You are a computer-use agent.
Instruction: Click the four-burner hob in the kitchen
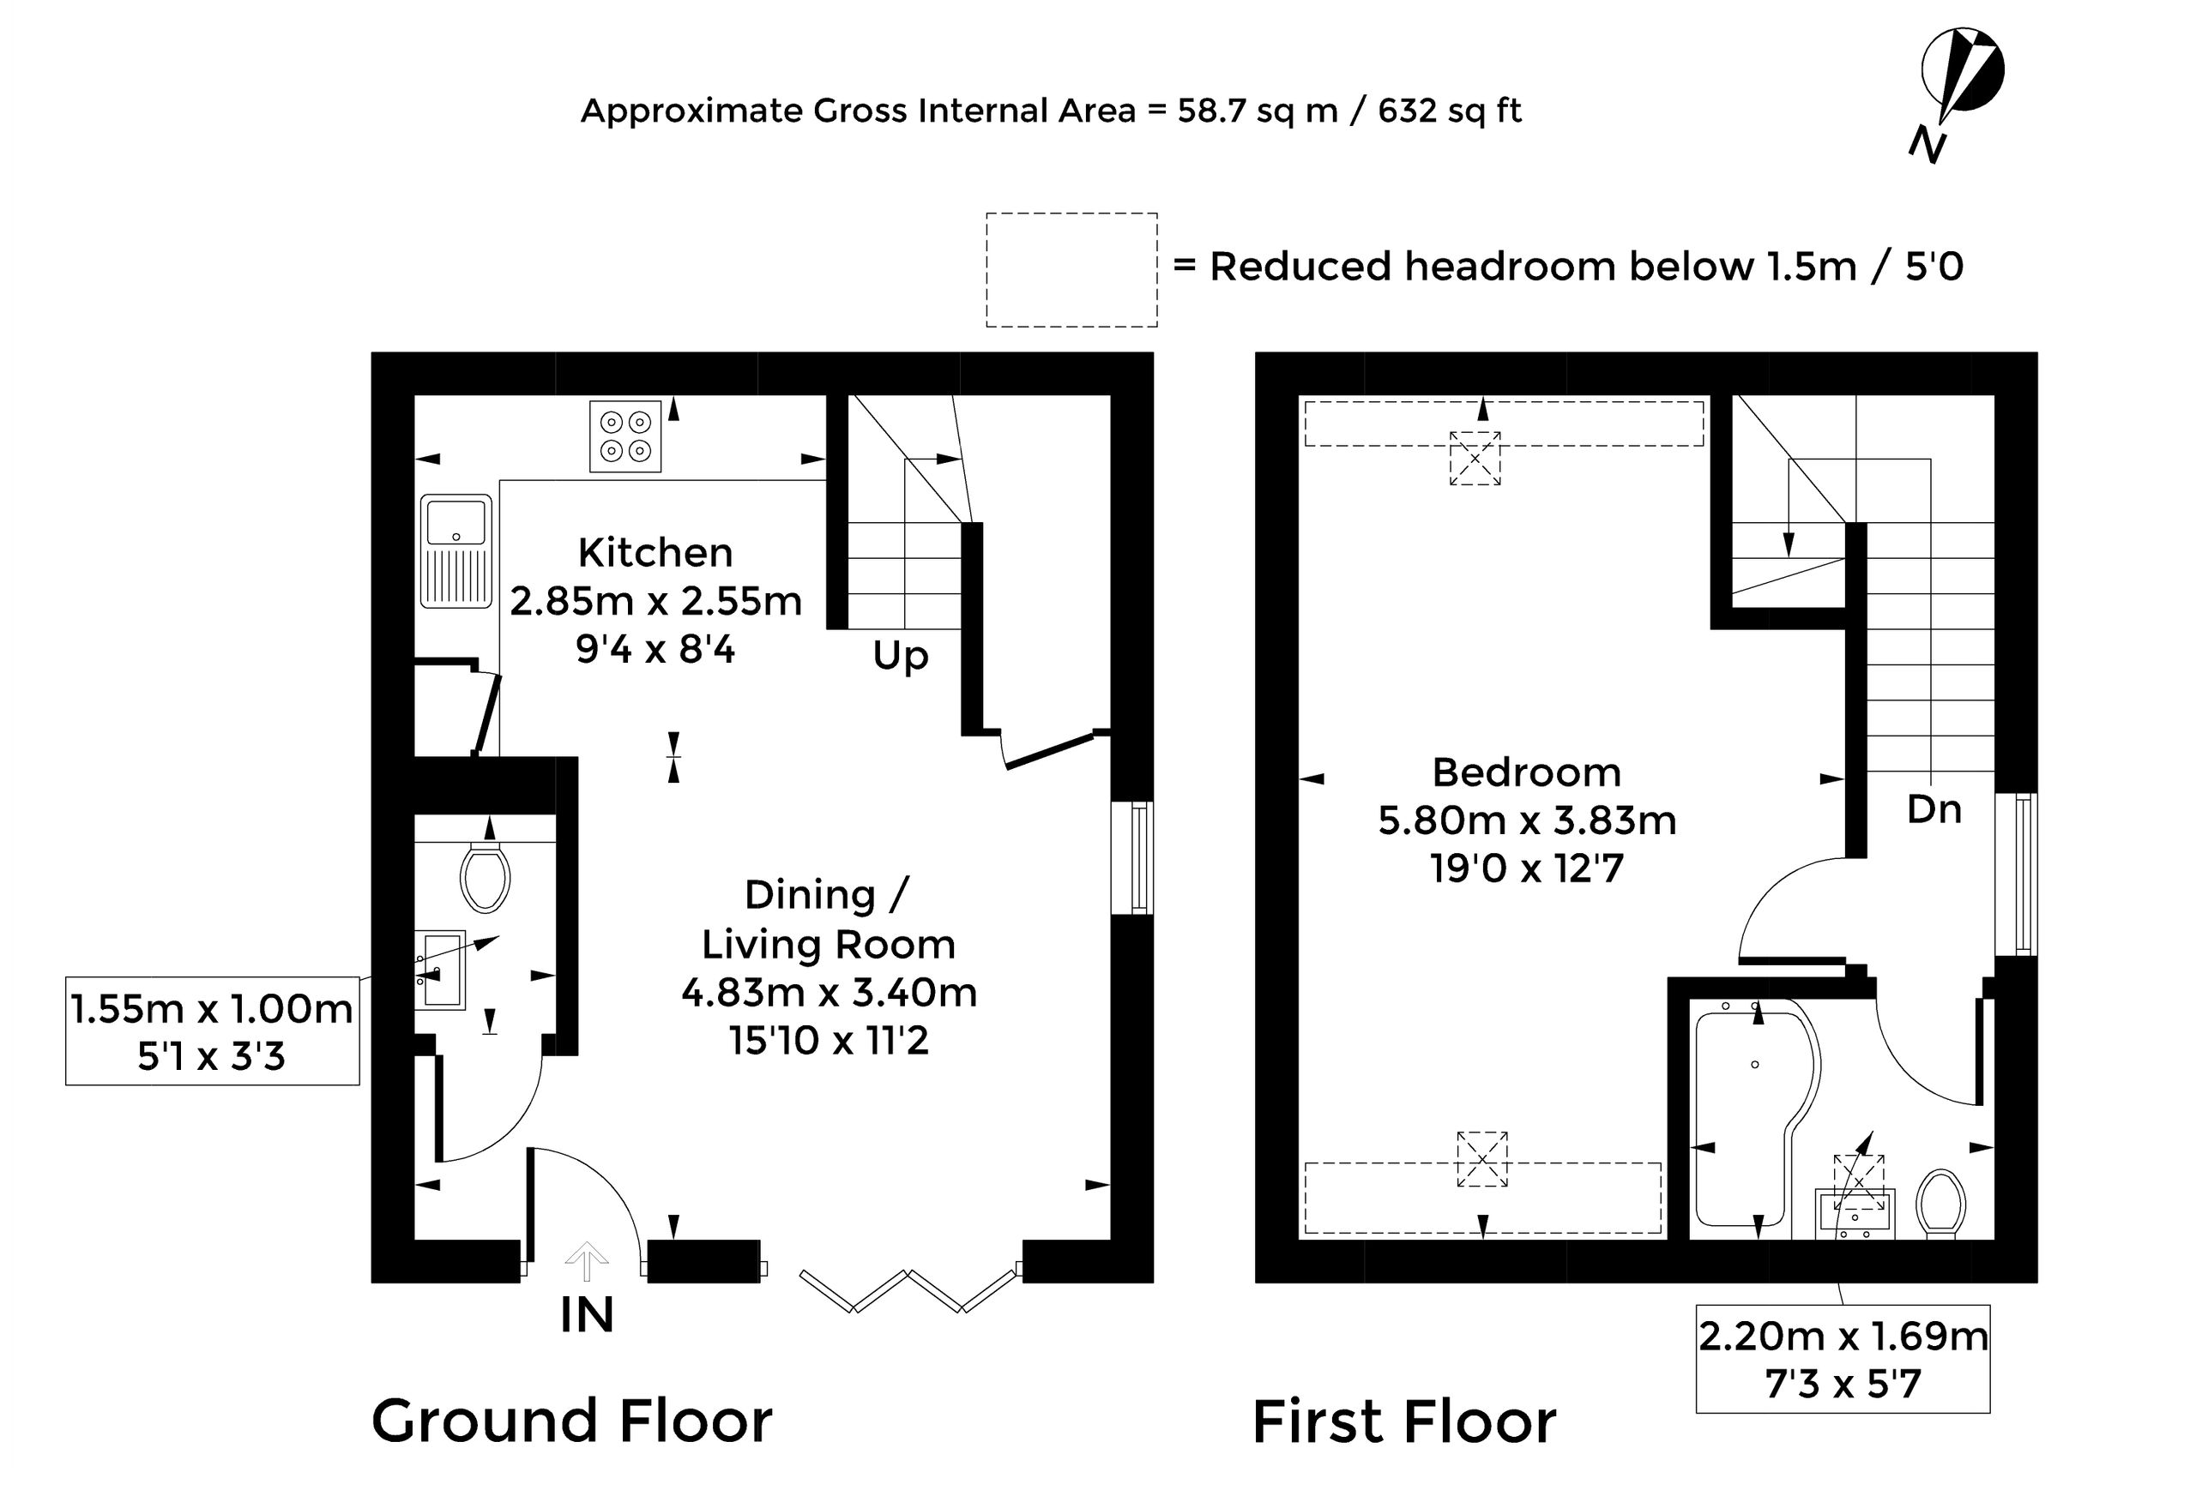coord(624,436)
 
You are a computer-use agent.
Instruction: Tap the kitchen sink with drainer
coord(456,550)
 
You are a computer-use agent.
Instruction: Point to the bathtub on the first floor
coord(1757,1119)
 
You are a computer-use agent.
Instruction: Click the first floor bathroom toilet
coord(1941,1205)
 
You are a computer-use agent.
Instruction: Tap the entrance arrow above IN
coord(587,1260)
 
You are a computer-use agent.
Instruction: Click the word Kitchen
coord(655,553)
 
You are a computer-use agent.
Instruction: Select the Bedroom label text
coord(1527,772)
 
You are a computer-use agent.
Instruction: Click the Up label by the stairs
coord(901,656)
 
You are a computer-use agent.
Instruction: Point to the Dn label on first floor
coord(1934,809)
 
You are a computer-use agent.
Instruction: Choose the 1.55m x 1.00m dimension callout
coord(213,1030)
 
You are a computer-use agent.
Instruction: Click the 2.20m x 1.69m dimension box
coord(1843,1359)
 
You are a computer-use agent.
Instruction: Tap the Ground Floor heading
coord(571,1421)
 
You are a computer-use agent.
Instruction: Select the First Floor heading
coord(1404,1421)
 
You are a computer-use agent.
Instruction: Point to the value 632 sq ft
coord(1450,111)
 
